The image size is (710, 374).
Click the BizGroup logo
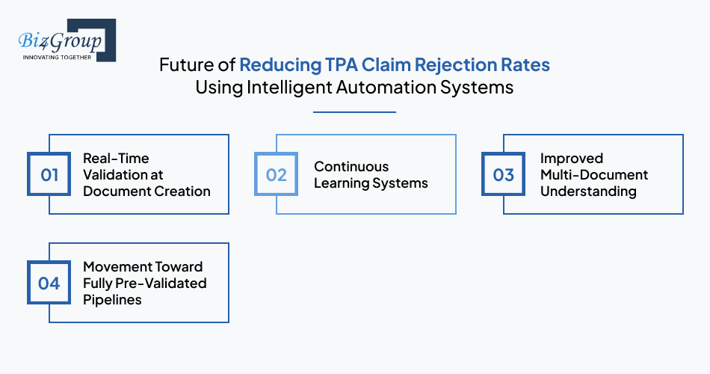pyautogui.click(x=66, y=41)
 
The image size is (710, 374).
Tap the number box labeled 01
pyautogui.click(x=49, y=175)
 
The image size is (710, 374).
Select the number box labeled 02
pyautogui.click(x=277, y=175)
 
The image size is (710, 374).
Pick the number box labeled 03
pyautogui.click(x=504, y=175)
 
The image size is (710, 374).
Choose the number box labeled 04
pyautogui.click(x=49, y=283)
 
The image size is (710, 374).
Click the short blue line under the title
pyautogui.click(x=354, y=112)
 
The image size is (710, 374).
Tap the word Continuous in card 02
pyautogui.click(x=351, y=167)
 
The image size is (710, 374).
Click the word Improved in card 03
pyautogui.click(x=572, y=159)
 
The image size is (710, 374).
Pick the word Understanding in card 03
pyautogui.click(x=588, y=191)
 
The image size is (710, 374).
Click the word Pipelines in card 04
pyautogui.click(x=112, y=300)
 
